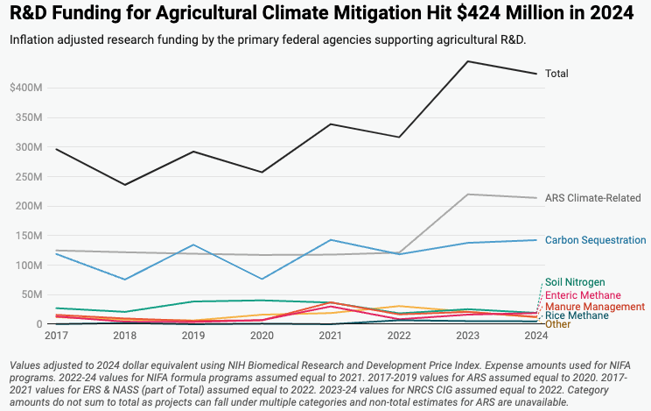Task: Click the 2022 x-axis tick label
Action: tap(398, 336)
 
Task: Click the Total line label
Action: tap(557, 74)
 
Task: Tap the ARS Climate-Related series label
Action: tap(593, 198)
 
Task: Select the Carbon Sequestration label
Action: tap(595, 240)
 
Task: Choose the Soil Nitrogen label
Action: tap(574, 282)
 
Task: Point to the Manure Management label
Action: tap(594, 307)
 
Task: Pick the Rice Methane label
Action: tap(577, 315)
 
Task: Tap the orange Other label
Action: tap(557, 324)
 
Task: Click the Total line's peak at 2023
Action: tap(469, 61)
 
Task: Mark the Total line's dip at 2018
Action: tap(126, 184)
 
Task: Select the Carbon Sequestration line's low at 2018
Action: tap(126, 280)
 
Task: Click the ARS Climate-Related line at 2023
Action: tap(469, 195)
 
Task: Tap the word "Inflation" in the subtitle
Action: tap(35, 40)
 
